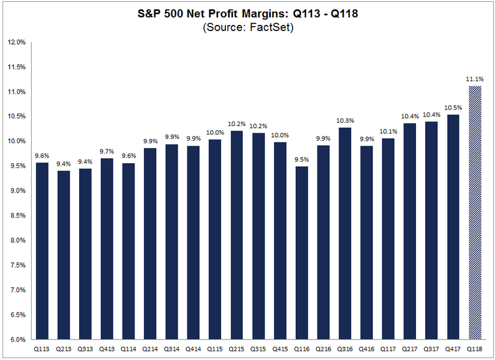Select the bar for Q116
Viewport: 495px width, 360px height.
301,253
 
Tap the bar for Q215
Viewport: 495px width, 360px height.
237,235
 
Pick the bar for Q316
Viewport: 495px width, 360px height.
344,234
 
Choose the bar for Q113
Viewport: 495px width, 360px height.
43,251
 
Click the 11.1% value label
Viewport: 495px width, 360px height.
475,79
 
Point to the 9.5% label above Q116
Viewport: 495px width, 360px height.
301,159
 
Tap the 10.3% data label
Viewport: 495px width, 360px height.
344,121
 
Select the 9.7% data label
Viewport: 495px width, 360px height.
108,151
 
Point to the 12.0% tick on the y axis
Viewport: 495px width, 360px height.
16,42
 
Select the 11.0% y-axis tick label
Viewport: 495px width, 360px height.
16,92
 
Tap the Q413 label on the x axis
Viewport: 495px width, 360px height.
108,349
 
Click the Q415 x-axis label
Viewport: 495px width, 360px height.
280,349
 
